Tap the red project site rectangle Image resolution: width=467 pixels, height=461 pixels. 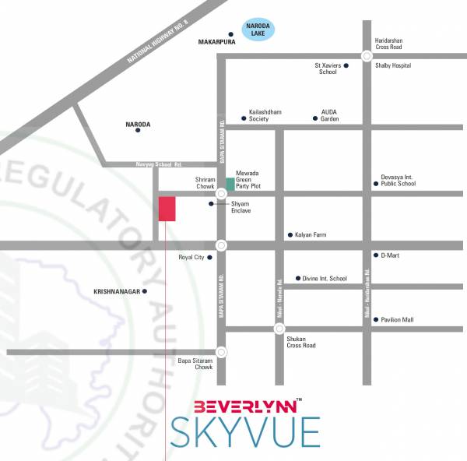coord(167,209)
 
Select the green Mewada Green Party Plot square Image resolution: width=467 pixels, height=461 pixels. coord(230,185)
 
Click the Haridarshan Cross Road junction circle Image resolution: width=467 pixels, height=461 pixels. coord(366,56)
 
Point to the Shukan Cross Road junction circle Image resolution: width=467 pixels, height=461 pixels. coord(279,329)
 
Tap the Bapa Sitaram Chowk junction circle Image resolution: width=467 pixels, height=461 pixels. coord(222,352)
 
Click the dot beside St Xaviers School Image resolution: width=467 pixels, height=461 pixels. coord(346,66)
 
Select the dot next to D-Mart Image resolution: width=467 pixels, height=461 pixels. coord(375,255)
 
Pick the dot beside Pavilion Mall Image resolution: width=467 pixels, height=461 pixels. coord(375,319)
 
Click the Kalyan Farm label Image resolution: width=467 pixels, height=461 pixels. coord(310,234)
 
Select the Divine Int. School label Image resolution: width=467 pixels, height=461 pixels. coord(326,278)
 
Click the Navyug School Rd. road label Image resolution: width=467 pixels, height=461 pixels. coord(160,164)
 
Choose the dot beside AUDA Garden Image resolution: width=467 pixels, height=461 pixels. coord(315,119)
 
